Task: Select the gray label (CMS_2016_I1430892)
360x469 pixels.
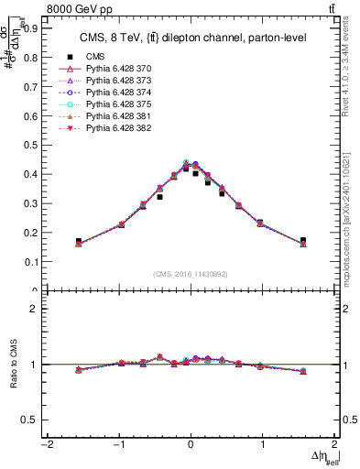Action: click(190, 273)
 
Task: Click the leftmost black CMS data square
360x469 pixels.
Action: click(79, 241)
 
